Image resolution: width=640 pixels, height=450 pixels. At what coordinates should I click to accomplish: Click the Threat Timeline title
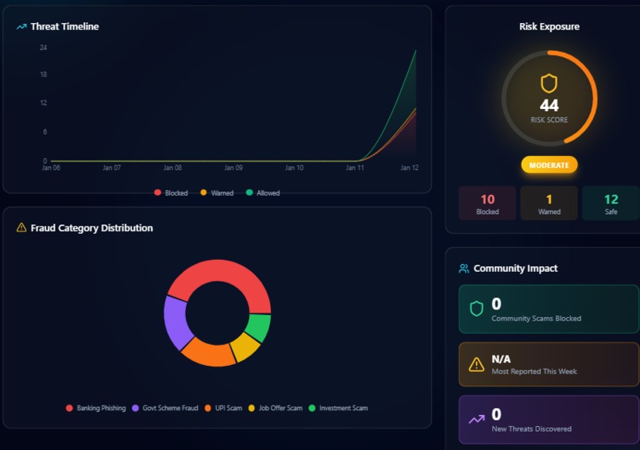[x=64, y=26]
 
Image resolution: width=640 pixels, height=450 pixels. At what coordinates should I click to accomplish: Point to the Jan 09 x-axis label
[x=233, y=168]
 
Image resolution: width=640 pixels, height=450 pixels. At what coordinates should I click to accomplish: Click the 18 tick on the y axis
[x=43, y=75]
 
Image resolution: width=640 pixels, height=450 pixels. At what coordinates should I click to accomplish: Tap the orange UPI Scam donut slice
[x=208, y=352]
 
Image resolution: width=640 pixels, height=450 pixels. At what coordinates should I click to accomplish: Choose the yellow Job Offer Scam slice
[x=245, y=347]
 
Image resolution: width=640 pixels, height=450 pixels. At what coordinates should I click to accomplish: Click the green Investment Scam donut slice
[x=258, y=328]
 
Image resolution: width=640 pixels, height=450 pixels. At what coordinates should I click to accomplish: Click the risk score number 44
[x=549, y=106]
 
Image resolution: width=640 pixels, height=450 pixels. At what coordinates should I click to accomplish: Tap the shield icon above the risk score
[x=549, y=83]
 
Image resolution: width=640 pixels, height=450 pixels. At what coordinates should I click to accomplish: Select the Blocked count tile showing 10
[x=488, y=204]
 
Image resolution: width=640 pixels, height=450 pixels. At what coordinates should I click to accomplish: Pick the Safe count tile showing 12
[x=611, y=204]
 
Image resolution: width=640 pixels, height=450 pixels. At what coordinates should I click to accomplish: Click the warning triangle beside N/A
[x=476, y=364]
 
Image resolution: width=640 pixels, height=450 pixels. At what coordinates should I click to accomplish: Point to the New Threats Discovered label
[x=531, y=429]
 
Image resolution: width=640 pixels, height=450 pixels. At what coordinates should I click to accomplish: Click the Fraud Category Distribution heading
[x=91, y=227]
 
